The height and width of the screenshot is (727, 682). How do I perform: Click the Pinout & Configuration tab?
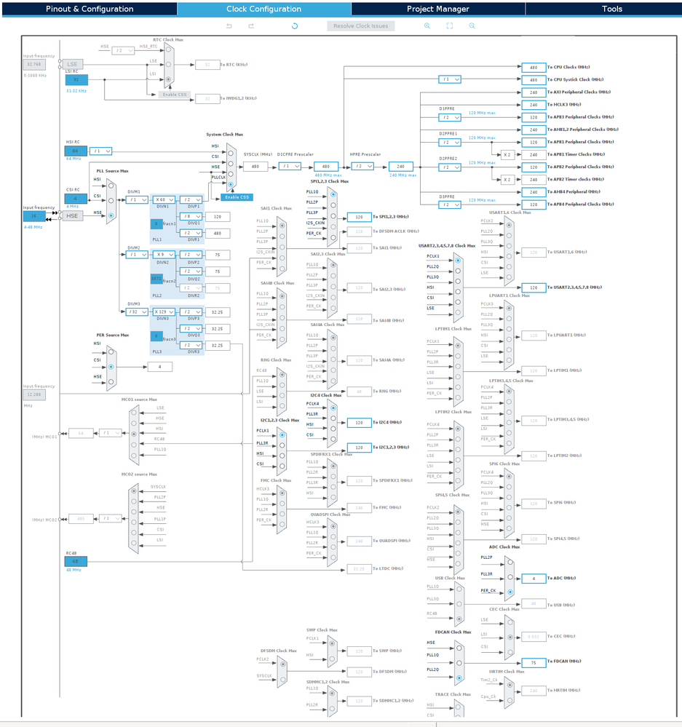coord(89,9)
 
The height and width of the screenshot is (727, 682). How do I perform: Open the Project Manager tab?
coord(437,9)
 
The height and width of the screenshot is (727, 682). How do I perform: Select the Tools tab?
coord(611,9)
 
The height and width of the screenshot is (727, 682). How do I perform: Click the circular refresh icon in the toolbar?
coord(295,25)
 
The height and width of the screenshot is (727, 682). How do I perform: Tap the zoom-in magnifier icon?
coord(427,25)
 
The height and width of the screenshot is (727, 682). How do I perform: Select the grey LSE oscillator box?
coord(72,64)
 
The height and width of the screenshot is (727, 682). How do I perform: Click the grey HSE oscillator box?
coord(72,215)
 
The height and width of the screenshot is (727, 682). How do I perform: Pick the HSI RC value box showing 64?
coord(75,151)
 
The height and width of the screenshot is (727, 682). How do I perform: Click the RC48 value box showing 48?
coord(75,560)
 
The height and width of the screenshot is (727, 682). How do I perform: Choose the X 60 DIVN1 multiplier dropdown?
coord(164,199)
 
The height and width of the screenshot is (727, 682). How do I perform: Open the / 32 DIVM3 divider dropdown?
coord(136,311)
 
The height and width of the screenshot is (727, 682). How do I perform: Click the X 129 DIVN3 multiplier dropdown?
coord(164,311)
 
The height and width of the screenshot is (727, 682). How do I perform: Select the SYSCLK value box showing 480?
coord(255,166)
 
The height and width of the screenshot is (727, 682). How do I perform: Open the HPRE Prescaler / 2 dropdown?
coord(362,166)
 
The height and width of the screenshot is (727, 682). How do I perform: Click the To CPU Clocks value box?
coord(534,67)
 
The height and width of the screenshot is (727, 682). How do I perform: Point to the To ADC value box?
coord(534,579)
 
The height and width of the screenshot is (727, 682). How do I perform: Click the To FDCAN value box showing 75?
coord(534,662)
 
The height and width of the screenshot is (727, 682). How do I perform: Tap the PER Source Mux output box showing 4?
coord(159,367)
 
